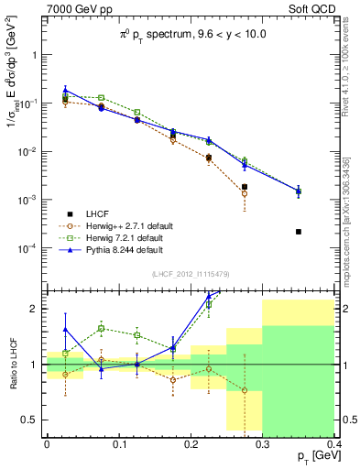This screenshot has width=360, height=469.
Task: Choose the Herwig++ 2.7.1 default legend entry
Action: click(x=122, y=224)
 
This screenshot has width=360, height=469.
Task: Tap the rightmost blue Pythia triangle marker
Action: click(x=299, y=191)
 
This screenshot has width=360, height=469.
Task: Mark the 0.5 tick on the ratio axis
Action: click(x=33, y=420)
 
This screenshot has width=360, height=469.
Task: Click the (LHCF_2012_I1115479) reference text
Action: click(x=190, y=274)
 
